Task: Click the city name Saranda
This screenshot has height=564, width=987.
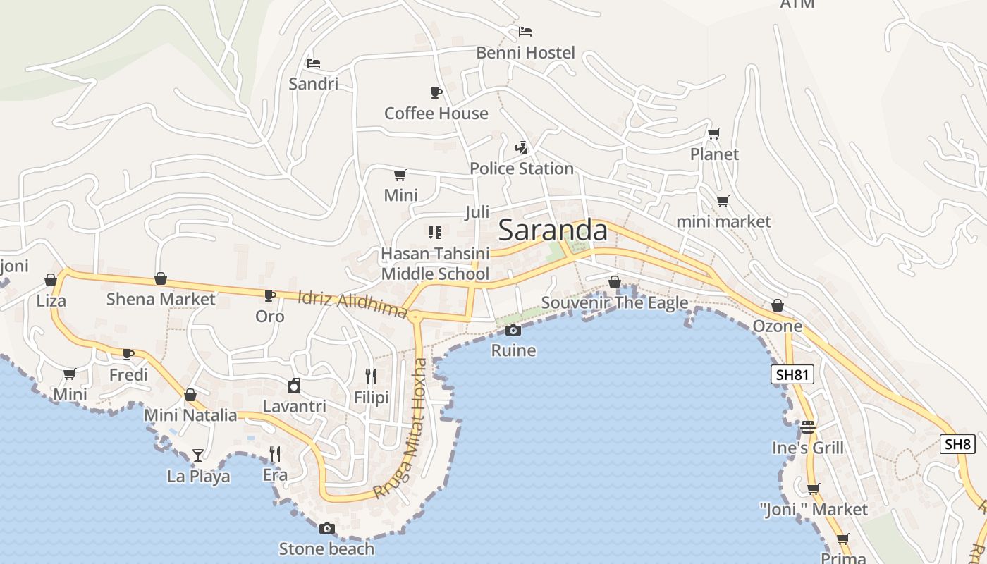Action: coord(553,231)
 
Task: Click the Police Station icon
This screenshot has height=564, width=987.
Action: coord(522,148)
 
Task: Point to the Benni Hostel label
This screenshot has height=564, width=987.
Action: coord(525,53)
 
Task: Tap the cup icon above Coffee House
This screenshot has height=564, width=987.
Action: coord(436,92)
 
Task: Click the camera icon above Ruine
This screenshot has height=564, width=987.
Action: coord(513,330)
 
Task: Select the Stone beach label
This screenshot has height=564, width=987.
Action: coord(326,548)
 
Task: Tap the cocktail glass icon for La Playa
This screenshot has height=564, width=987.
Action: coord(198,455)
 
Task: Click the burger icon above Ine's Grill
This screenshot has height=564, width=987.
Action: coord(807,427)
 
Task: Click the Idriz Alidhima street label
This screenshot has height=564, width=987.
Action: coord(352,304)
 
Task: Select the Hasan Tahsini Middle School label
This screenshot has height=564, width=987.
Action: coord(435,263)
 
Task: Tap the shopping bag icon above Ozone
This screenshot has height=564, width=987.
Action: coord(777,305)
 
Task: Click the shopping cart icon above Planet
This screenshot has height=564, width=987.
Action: coord(714,133)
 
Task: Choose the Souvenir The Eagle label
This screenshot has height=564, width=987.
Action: coord(615,302)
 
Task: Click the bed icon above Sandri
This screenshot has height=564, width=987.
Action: coord(314,63)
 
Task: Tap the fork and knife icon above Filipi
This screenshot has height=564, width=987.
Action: coord(371,376)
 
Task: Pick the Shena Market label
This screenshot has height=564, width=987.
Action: coord(161,299)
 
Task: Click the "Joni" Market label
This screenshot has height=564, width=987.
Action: coord(814,509)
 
